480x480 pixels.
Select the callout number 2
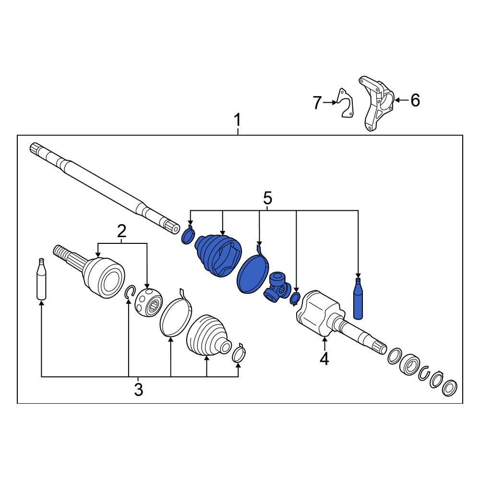click(121, 231)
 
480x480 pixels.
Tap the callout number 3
click(138, 390)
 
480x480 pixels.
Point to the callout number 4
click(324, 359)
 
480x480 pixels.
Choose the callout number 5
click(267, 198)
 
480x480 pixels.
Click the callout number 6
click(415, 100)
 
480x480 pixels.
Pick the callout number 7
click(317, 103)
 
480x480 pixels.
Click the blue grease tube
click(358, 298)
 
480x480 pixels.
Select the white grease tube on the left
click(41, 279)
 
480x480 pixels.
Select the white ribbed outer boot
click(209, 336)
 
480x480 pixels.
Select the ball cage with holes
click(148, 302)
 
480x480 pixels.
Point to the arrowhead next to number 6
click(397, 100)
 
